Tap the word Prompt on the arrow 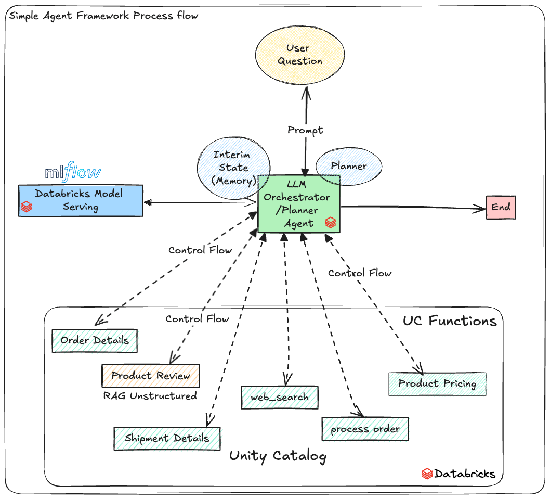305,130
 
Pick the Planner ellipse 349,167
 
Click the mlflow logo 73,172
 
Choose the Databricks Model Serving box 81,200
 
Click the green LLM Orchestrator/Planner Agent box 298,203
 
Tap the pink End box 501,207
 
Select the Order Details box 95,341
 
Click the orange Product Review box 151,376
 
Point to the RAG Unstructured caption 150,396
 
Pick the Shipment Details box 167,438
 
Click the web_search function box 280,398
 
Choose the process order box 365,429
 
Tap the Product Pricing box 437,384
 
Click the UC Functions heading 450,321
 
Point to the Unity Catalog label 278,456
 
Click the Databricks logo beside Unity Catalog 427,474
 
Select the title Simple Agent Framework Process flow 104,15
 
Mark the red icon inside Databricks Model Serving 26,207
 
